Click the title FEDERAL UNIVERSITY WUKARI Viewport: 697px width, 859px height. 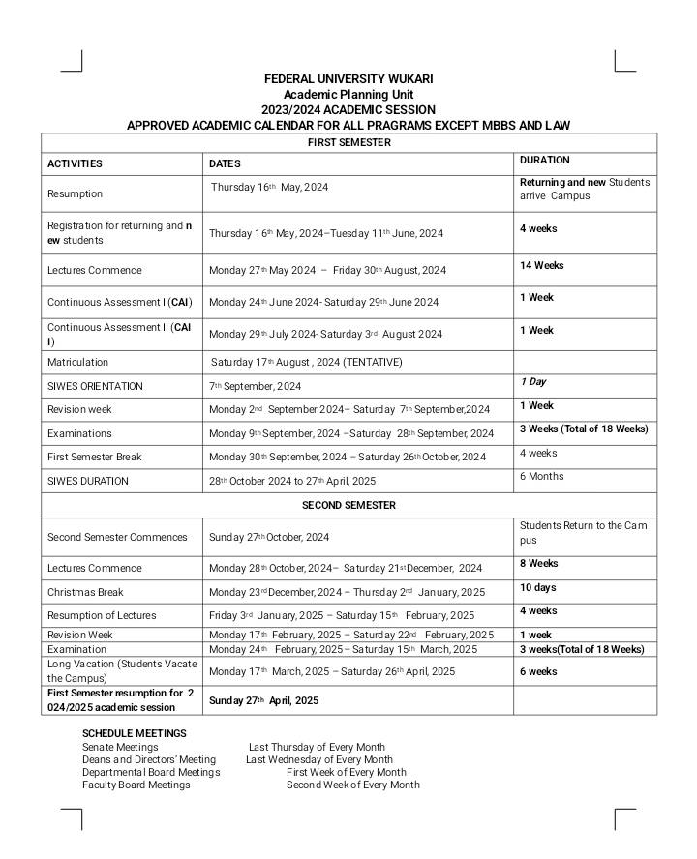[x=348, y=78]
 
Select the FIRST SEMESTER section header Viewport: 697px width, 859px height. [x=348, y=142]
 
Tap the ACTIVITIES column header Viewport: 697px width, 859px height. [x=75, y=163]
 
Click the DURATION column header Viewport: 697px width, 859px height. [x=545, y=160]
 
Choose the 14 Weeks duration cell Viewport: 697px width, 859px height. [x=542, y=265]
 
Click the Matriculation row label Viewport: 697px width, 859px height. [x=81, y=362]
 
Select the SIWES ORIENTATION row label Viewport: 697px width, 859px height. [x=95, y=386]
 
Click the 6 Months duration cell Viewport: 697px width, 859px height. [x=542, y=476]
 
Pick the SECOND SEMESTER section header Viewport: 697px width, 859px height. [x=348, y=505]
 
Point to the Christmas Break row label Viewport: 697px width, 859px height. [x=86, y=592]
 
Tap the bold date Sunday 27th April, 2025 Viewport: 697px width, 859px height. [x=264, y=699]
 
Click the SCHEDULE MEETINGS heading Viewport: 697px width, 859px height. [x=135, y=734]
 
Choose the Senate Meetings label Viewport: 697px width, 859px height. [x=120, y=747]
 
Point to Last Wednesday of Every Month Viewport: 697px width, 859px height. [x=319, y=759]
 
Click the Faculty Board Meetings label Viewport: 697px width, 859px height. [x=136, y=785]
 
